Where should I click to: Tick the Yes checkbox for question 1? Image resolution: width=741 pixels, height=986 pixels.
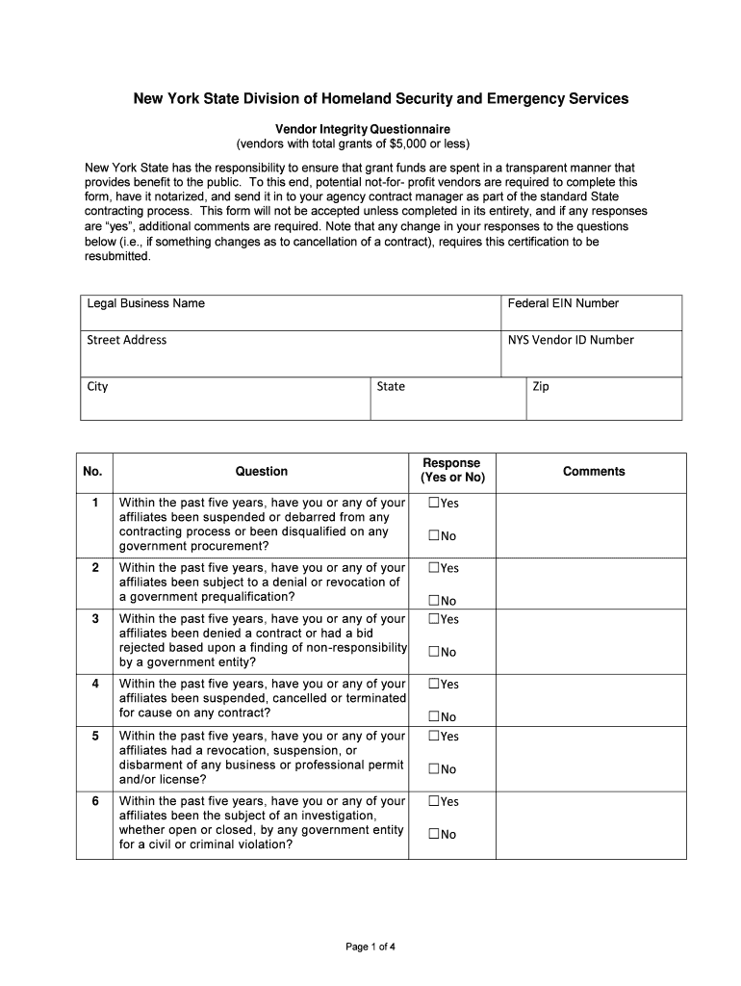pos(435,504)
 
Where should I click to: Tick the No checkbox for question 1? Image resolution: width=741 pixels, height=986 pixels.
pos(435,536)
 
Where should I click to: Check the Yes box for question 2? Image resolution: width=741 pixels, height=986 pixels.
pos(435,568)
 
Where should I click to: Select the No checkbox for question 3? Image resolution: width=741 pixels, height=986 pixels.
pos(435,652)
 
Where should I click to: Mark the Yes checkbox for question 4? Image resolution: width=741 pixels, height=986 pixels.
pos(435,685)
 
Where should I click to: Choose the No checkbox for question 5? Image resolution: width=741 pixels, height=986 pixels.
pos(435,769)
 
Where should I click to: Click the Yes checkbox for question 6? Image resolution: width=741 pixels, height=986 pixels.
pos(435,801)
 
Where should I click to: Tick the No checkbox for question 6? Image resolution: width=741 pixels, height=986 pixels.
pos(435,834)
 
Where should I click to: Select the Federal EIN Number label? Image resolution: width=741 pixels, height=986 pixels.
pos(563,303)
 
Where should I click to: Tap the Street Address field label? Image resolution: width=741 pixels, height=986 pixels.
pos(127,340)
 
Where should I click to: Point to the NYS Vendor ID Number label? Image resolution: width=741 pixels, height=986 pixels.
pos(571,340)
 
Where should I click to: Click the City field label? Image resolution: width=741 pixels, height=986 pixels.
pos(98,387)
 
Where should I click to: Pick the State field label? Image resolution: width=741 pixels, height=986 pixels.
pos(391,387)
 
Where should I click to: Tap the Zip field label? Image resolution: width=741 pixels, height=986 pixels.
pos(541,387)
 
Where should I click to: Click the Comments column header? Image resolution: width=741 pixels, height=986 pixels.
pos(594,472)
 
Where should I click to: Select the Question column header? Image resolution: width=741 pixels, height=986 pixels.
pos(262,472)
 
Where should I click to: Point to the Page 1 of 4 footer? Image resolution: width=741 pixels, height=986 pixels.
pos(370,947)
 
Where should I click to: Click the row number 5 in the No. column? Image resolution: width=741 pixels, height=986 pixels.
pos(95,737)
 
